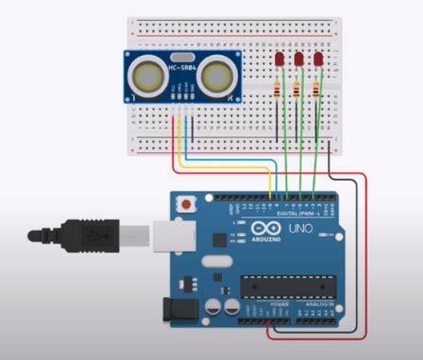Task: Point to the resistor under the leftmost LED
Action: click(x=277, y=92)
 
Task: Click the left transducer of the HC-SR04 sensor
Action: click(x=147, y=75)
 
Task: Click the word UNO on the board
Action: click(x=300, y=230)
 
